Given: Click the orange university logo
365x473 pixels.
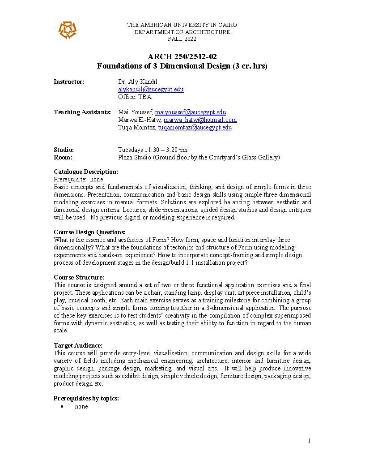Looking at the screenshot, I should pyautogui.click(x=67, y=30).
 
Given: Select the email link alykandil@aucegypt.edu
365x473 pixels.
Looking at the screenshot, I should pyautogui.click(x=151, y=89).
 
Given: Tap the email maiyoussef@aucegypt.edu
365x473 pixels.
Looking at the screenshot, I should pyautogui.click(x=190, y=112).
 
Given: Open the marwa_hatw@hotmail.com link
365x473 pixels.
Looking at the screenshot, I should pyautogui.click(x=200, y=120).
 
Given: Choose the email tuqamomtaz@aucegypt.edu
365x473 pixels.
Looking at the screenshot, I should pyautogui.click(x=195, y=127).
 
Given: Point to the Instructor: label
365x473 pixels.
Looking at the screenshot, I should pyautogui.click(x=69, y=82).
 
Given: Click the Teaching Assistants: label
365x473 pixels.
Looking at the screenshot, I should pyautogui.click(x=82, y=112).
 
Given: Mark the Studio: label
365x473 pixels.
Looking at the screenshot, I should pyautogui.click(x=64, y=150).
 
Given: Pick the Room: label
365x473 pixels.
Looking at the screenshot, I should pyautogui.click(x=63, y=157).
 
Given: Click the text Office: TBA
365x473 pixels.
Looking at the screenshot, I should pyautogui.click(x=135, y=97).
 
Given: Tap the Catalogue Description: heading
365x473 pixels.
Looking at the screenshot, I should pyautogui.click(x=86, y=172).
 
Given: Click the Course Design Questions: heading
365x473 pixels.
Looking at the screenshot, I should pyautogui.click(x=89, y=232).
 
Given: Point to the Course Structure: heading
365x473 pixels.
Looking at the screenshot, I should pyautogui.click(x=79, y=277).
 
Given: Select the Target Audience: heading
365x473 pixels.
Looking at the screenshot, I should pyautogui.click(x=78, y=345).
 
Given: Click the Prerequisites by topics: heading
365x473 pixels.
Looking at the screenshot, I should pyautogui.click(x=86, y=398).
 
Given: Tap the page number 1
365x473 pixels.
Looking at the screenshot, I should pyautogui.click(x=309, y=441).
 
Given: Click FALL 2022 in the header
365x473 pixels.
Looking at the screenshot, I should pyautogui.click(x=182, y=39).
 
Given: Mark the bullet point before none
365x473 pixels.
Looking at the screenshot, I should pyautogui.click(x=62, y=407).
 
